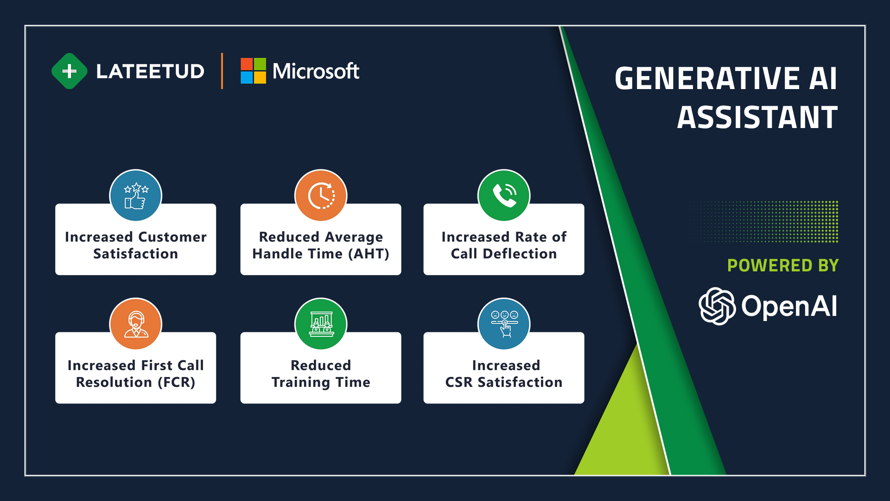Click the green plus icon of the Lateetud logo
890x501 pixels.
pyautogui.click(x=70, y=71)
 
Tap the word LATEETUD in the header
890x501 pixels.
pyautogui.click(x=150, y=71)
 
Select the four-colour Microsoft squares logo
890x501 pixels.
pyautogui.click(x=253, y=71)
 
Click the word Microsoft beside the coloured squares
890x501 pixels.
pyautogui.click(x=316, y=71)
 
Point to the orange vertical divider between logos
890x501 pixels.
pyautogui.click(x=222, y=71)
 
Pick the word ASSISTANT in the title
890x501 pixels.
pyautogui.click(x=757, y=117)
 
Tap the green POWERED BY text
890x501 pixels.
pyautogui.click(x=783, y=265)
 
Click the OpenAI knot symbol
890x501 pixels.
pyautogui.click(x=717, y=306)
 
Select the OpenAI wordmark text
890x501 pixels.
pyautogui.click(x=789, y=306)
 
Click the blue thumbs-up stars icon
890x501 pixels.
pyautogui.click(x=136, y=195)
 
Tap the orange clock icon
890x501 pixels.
pyautogui.click(x=321, y=195)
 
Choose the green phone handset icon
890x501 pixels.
pyautogui.click(x=504, y=195)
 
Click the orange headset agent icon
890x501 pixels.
pyautogui.click(x=136, y=324)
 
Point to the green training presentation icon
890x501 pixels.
pyautogui.click(x=321, y=324)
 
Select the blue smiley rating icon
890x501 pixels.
pyautogui.click(x=504, y=324)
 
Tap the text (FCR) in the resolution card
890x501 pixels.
pyautogui.click(x=177, y=382)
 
